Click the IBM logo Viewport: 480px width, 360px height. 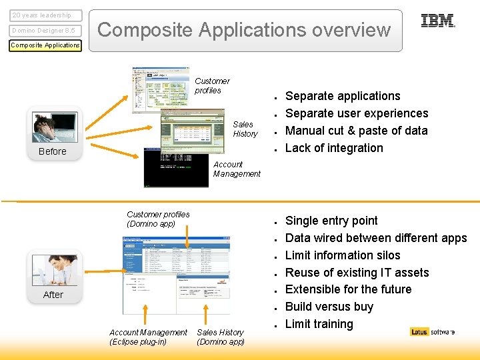click(x=437, y=21)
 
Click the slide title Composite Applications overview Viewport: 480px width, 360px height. click(x=244, y=30)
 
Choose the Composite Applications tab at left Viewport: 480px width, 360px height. click(x=45, y=45)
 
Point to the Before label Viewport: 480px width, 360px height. click(x=53, y=151)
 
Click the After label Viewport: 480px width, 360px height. click(x=53, y=295)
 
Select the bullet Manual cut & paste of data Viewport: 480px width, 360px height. click(x=356, y=131)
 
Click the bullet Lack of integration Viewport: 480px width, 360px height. click(x=334, y=148)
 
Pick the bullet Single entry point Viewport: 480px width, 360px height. click(x=331, y=221)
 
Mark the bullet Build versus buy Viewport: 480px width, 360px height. click(x=329, y=307)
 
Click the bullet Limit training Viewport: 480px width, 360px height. click(x=319, y=324)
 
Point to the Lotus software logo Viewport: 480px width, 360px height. click(x=433, y=332)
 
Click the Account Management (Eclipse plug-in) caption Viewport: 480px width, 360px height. click(x=148, y=337)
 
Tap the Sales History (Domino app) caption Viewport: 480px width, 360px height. click(x=221, y=337)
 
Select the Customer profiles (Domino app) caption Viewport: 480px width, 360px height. click(x=158, y=219)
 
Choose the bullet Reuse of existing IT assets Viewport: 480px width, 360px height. click(x=357, y=273)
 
